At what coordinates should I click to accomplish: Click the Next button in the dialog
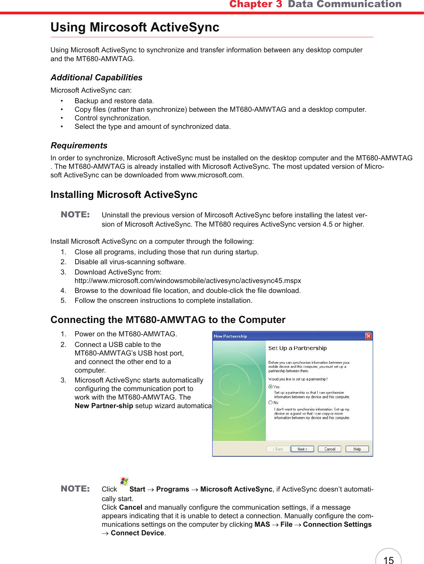pos(302,449)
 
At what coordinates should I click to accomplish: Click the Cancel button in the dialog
pos(330,449)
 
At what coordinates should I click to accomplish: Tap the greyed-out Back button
pos(278,449)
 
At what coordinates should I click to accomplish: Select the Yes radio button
pos(270,387)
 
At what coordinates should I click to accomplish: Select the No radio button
pos(270,402)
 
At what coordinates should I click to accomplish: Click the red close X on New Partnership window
pos(368,336)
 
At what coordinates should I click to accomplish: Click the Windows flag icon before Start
pos(124,481)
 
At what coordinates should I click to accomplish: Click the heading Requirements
pos(79,146)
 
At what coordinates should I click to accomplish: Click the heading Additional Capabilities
pos(96,78)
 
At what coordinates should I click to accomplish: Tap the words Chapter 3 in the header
pos(255,4)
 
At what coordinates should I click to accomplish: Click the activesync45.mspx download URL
pos(188,281)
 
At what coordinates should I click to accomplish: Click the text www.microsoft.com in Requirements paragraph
pos(211,175)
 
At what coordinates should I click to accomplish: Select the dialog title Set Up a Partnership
pos(297,348)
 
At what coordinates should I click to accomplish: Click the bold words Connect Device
pos(137,533)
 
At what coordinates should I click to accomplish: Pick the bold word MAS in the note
pos(262,524)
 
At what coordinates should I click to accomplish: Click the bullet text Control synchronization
pos(112,118)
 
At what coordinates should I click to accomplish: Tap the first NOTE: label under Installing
pos(75,215)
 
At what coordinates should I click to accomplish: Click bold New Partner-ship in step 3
pos(104,406)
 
